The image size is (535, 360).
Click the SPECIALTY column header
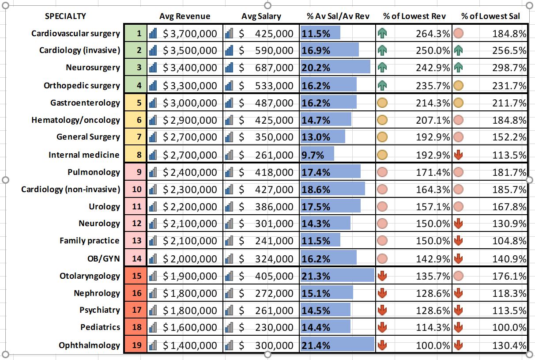point(65,16)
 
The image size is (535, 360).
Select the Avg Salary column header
point(261,16)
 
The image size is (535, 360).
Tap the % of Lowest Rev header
point(414,16)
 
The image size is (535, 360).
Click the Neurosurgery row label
point(93,68)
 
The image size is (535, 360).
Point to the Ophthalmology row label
point(90,345)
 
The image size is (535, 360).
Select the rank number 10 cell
point(136,189)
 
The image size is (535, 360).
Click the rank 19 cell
point(136,345)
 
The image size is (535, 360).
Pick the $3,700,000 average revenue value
point(190,34)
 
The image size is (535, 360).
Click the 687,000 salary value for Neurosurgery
point(274,68)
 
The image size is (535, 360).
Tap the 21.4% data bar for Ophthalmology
point(337,345)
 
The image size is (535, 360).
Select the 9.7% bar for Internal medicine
point(317,155)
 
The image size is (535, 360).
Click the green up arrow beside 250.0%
point(382,50)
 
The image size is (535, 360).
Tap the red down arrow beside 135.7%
point(382,276)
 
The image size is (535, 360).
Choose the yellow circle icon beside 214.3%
point(382,103)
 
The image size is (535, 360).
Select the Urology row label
point(105,207)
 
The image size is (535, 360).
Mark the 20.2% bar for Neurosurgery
point(335,68)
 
